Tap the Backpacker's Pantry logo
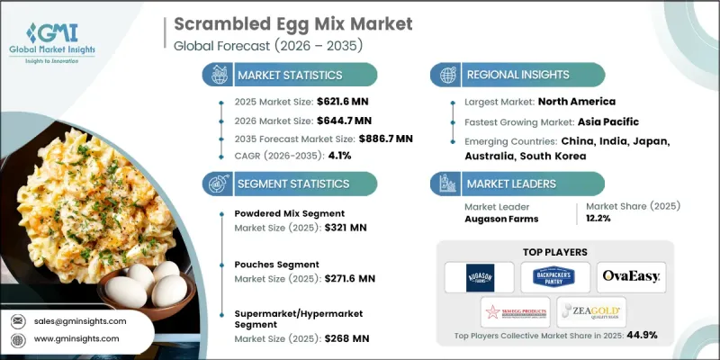point(556,276)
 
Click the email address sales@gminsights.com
point(80,320)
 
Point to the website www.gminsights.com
point(77,338)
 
